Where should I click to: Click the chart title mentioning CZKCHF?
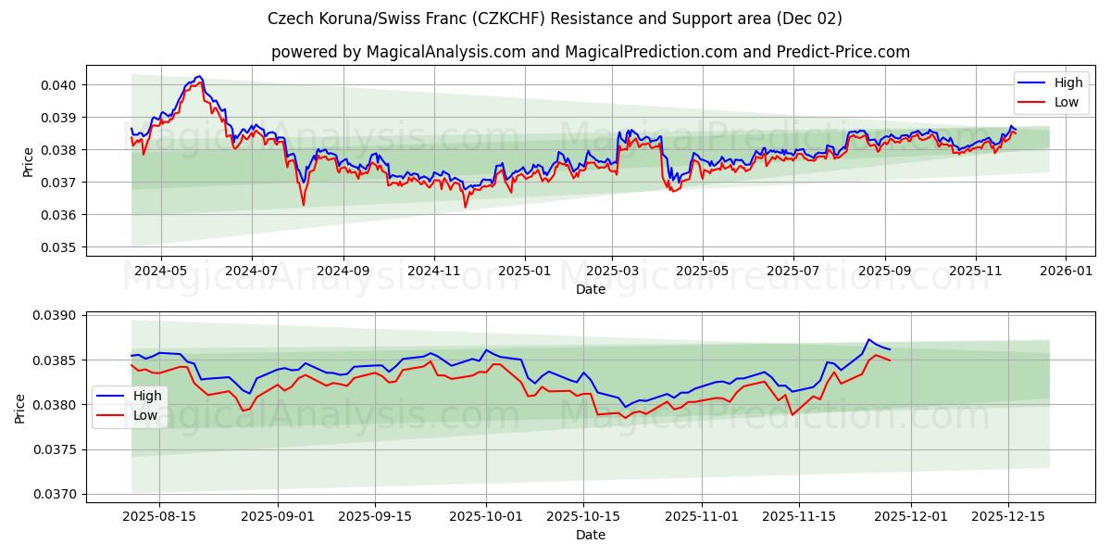(555, 19)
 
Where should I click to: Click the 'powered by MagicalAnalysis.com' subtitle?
(590, 52)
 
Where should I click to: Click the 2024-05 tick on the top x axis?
(161, 271)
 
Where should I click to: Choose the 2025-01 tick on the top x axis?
(524, 271)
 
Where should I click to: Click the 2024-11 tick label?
(434, 271)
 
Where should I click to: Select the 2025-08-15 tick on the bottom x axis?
(159, 516)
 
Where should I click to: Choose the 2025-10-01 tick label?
(486, 516)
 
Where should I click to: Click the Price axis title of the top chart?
(28, 162)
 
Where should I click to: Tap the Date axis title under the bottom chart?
(590, 535)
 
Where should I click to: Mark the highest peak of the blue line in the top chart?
(198, 77)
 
